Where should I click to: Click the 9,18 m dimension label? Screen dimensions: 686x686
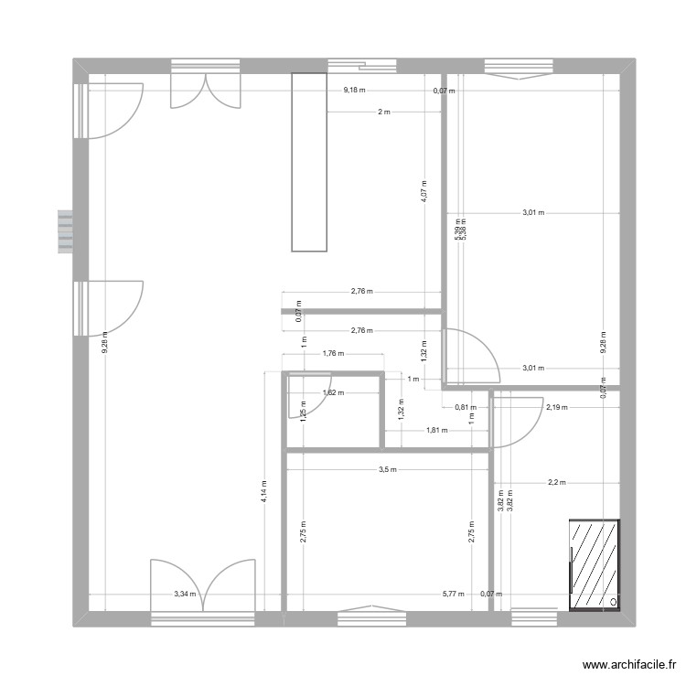click(354, 90)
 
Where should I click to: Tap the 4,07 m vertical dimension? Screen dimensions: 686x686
click(423, 189)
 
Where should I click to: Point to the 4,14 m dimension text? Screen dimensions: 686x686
click(263, 494)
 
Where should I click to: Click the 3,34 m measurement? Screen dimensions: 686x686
click(185, 594)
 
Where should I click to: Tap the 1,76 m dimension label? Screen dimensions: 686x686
click(332, 353)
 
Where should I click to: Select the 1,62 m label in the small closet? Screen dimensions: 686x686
click(333, 393)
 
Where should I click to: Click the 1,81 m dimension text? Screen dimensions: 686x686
click(436, 429)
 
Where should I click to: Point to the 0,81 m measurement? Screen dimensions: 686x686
click(464, 407)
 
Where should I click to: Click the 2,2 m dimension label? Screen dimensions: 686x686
click(556, 482)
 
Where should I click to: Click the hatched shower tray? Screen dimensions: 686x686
click(594, 565)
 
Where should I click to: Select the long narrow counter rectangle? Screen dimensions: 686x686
click(309, 162)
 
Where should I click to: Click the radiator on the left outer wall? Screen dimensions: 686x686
click(64, 232)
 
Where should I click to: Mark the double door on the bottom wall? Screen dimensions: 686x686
click(203, 590)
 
